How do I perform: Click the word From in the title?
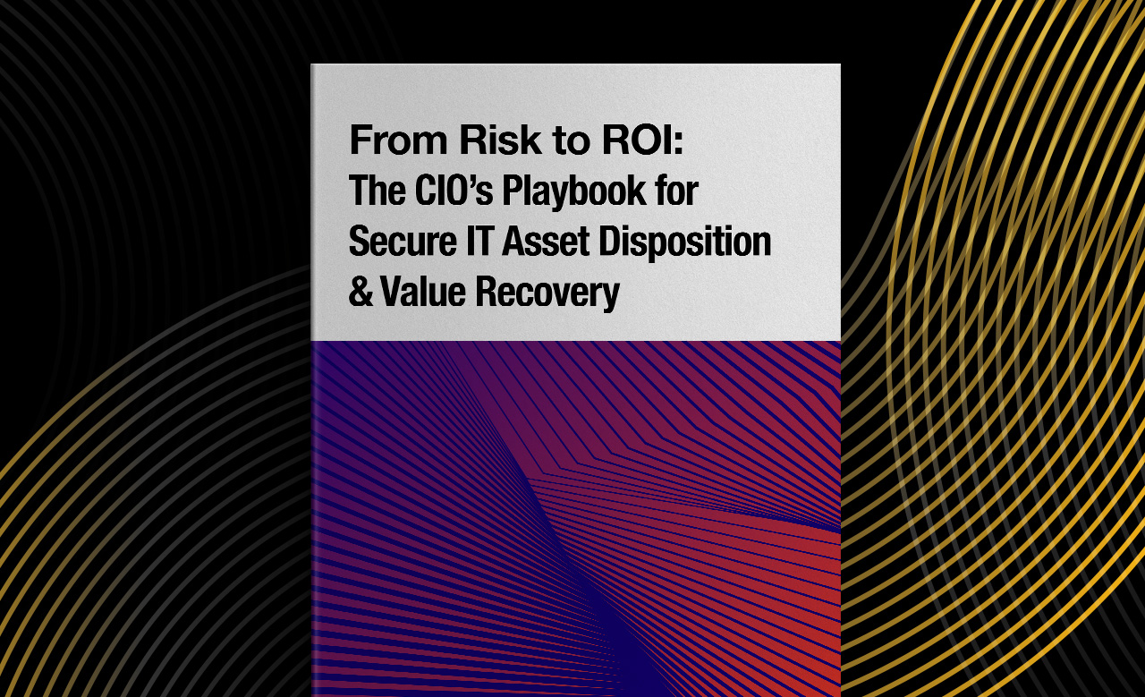point(399,140)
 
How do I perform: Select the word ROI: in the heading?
point(642,140)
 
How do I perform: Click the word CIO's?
point(454,191)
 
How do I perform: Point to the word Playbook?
point(574,191)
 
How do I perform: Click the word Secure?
point(403,241)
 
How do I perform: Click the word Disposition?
point(685,242)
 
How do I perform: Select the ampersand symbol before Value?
point(360,292)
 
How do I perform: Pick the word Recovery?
point(547,293)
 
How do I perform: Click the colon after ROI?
point(678,143)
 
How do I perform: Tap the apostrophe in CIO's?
point(471,180)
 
